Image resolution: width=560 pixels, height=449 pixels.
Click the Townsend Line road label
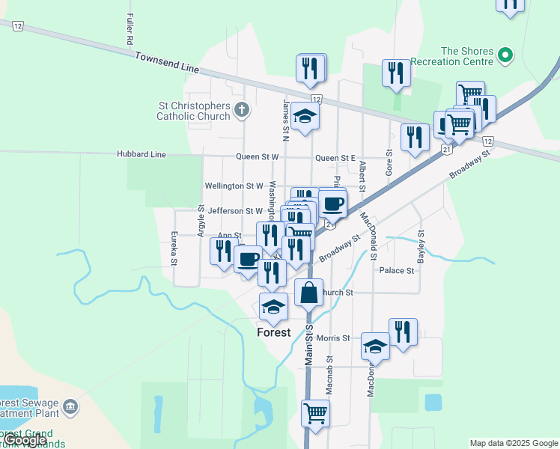[x=167, y=62]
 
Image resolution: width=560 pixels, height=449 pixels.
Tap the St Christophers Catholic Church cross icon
[x=241, y=110]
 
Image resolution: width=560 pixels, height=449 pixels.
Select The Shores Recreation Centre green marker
[x=505, y=55]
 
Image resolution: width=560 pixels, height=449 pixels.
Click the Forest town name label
[x=273, y=332]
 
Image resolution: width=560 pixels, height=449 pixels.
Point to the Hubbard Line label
[x=141, y=155]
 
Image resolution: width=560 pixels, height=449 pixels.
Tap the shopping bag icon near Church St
[x=308, y=293]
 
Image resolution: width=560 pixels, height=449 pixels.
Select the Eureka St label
[x=174, y=248]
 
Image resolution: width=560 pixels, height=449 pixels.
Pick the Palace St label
[x=396, y=270]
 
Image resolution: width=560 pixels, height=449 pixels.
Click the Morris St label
[x=333, y=338]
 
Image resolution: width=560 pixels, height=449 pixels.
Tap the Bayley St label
[x=421, y=245]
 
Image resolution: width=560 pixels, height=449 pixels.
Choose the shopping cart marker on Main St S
[x=315, y=413]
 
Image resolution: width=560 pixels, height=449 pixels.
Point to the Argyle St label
[x=201, y=221]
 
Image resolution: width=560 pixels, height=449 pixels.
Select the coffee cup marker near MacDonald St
[x=332, y=203]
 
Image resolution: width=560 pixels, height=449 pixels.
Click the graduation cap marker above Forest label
[x=273, y=306]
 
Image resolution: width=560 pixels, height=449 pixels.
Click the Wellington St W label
[x=234, y=186]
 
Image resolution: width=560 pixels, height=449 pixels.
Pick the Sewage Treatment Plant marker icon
[x=70, y=407]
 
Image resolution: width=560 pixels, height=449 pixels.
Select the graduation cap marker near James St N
[x=305, y=116]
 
